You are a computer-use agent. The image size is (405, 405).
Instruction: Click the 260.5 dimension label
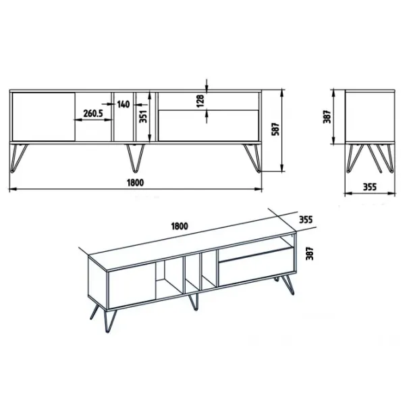pyautogui.click(x=93, y=113)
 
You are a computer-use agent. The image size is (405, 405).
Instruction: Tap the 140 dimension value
pyautogui.click(x=124, y=105)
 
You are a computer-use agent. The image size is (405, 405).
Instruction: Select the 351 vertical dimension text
pyautogui.click(x=143, y=116)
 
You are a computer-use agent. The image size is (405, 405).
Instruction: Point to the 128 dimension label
pyautogui.click(x=200, y=101)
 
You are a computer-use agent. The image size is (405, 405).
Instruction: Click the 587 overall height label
pyautogui.click(x=276, y=129)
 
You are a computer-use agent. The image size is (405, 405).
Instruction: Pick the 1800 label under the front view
pyautogui.click(x=135, y=183)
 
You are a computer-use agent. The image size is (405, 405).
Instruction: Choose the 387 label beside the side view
pyautogui.click(x=327, y=117)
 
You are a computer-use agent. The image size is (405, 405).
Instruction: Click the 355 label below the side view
pyautogui.click(x=370, y=187)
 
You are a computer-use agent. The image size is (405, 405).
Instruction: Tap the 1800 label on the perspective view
pyautogui.click(x=180, y=226)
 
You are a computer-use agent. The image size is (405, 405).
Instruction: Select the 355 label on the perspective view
pyautogui.click(x=306, y=219)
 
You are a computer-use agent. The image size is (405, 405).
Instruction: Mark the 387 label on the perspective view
pyautogui.click(x=309, y=253)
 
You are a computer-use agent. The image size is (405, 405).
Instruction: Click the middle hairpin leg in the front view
pyautogui.click(x=135, y=157)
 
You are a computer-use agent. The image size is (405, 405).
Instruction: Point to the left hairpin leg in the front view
pyautogui.click(x=18, y=157)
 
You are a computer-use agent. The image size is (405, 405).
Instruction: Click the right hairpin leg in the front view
pyautogui.click(x=252, y=157)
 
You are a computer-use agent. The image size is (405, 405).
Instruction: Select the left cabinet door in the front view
pyautogui.click(x=44, y=117)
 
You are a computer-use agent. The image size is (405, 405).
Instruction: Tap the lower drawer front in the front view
pyautogui.click(x=209, y=126)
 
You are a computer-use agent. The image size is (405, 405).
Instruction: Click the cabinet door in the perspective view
pyautogui.click(x=132, y=286)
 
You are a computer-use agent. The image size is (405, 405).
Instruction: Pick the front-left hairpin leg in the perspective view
pyautogui.click(x=109, y=320)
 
